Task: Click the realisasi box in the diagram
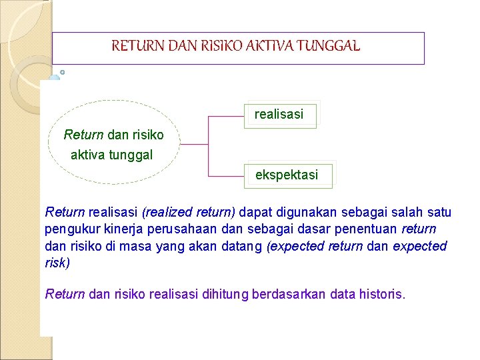279,114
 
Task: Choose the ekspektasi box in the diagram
287,175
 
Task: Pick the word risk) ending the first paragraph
57,263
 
